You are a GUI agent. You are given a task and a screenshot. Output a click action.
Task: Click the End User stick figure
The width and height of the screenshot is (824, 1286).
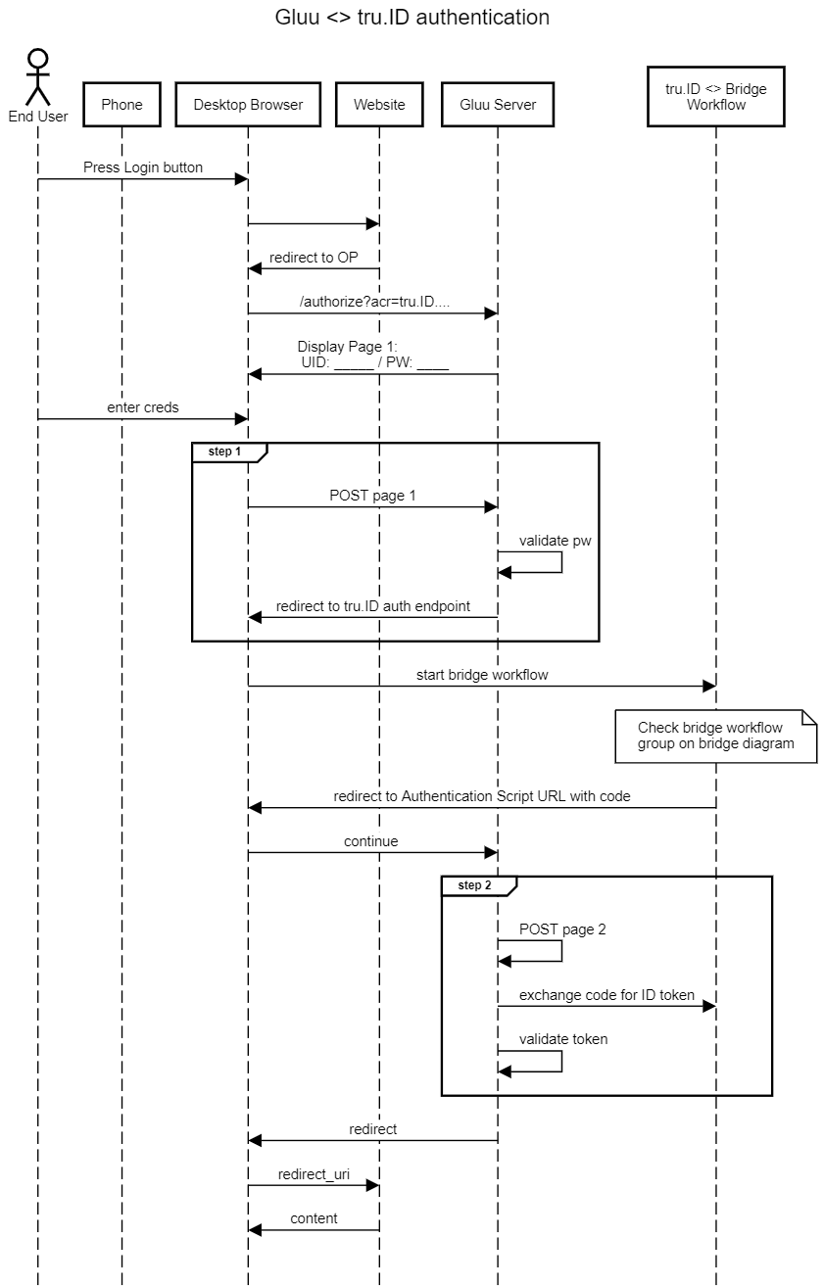coord(38,77)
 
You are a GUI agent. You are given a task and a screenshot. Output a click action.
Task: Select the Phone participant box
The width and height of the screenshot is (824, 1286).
coord(121,105)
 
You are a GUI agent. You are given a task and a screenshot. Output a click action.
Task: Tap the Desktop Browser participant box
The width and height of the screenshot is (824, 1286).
coord(248,105)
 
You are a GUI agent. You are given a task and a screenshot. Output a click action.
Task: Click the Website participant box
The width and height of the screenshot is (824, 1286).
coord(379,105)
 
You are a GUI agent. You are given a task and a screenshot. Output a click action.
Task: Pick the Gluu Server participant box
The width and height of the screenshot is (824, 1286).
coord(498,105)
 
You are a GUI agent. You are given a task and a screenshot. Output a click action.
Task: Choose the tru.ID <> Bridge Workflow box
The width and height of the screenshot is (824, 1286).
coord(716,96)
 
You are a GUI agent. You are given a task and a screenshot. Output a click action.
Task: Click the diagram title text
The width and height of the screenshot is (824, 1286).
coord(412,18)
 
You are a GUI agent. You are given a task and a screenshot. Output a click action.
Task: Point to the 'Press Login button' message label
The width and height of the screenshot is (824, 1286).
coord(143,167)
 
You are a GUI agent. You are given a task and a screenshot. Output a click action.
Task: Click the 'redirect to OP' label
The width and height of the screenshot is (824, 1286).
coord(314,258)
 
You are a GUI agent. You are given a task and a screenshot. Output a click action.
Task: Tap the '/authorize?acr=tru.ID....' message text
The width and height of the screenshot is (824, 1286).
coord(374,302)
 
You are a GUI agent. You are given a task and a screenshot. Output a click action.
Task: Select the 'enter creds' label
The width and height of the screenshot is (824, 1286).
coord(143,407)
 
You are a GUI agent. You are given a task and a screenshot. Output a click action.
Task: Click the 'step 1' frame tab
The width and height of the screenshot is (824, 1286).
coord(229,452)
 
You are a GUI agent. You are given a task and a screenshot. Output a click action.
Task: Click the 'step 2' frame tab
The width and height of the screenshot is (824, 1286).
coord(479,885)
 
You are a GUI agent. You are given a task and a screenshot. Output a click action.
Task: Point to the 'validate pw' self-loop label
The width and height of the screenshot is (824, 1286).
coord(556,541)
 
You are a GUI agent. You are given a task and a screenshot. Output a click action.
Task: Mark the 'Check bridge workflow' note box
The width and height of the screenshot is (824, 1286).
coord(716,737)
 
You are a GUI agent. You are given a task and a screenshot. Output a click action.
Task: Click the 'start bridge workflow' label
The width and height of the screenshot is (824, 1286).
coord(482,675)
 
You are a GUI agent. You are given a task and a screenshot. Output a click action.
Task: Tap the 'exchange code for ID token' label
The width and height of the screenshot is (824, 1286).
coord(606,995)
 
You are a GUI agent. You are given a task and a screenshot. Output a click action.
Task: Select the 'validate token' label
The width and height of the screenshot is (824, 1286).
coord(563,1039)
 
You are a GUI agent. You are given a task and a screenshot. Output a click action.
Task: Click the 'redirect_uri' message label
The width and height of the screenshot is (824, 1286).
coord(314,1174)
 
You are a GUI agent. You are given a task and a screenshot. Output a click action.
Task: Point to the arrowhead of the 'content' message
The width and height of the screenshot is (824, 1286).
coord(255,1230)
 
